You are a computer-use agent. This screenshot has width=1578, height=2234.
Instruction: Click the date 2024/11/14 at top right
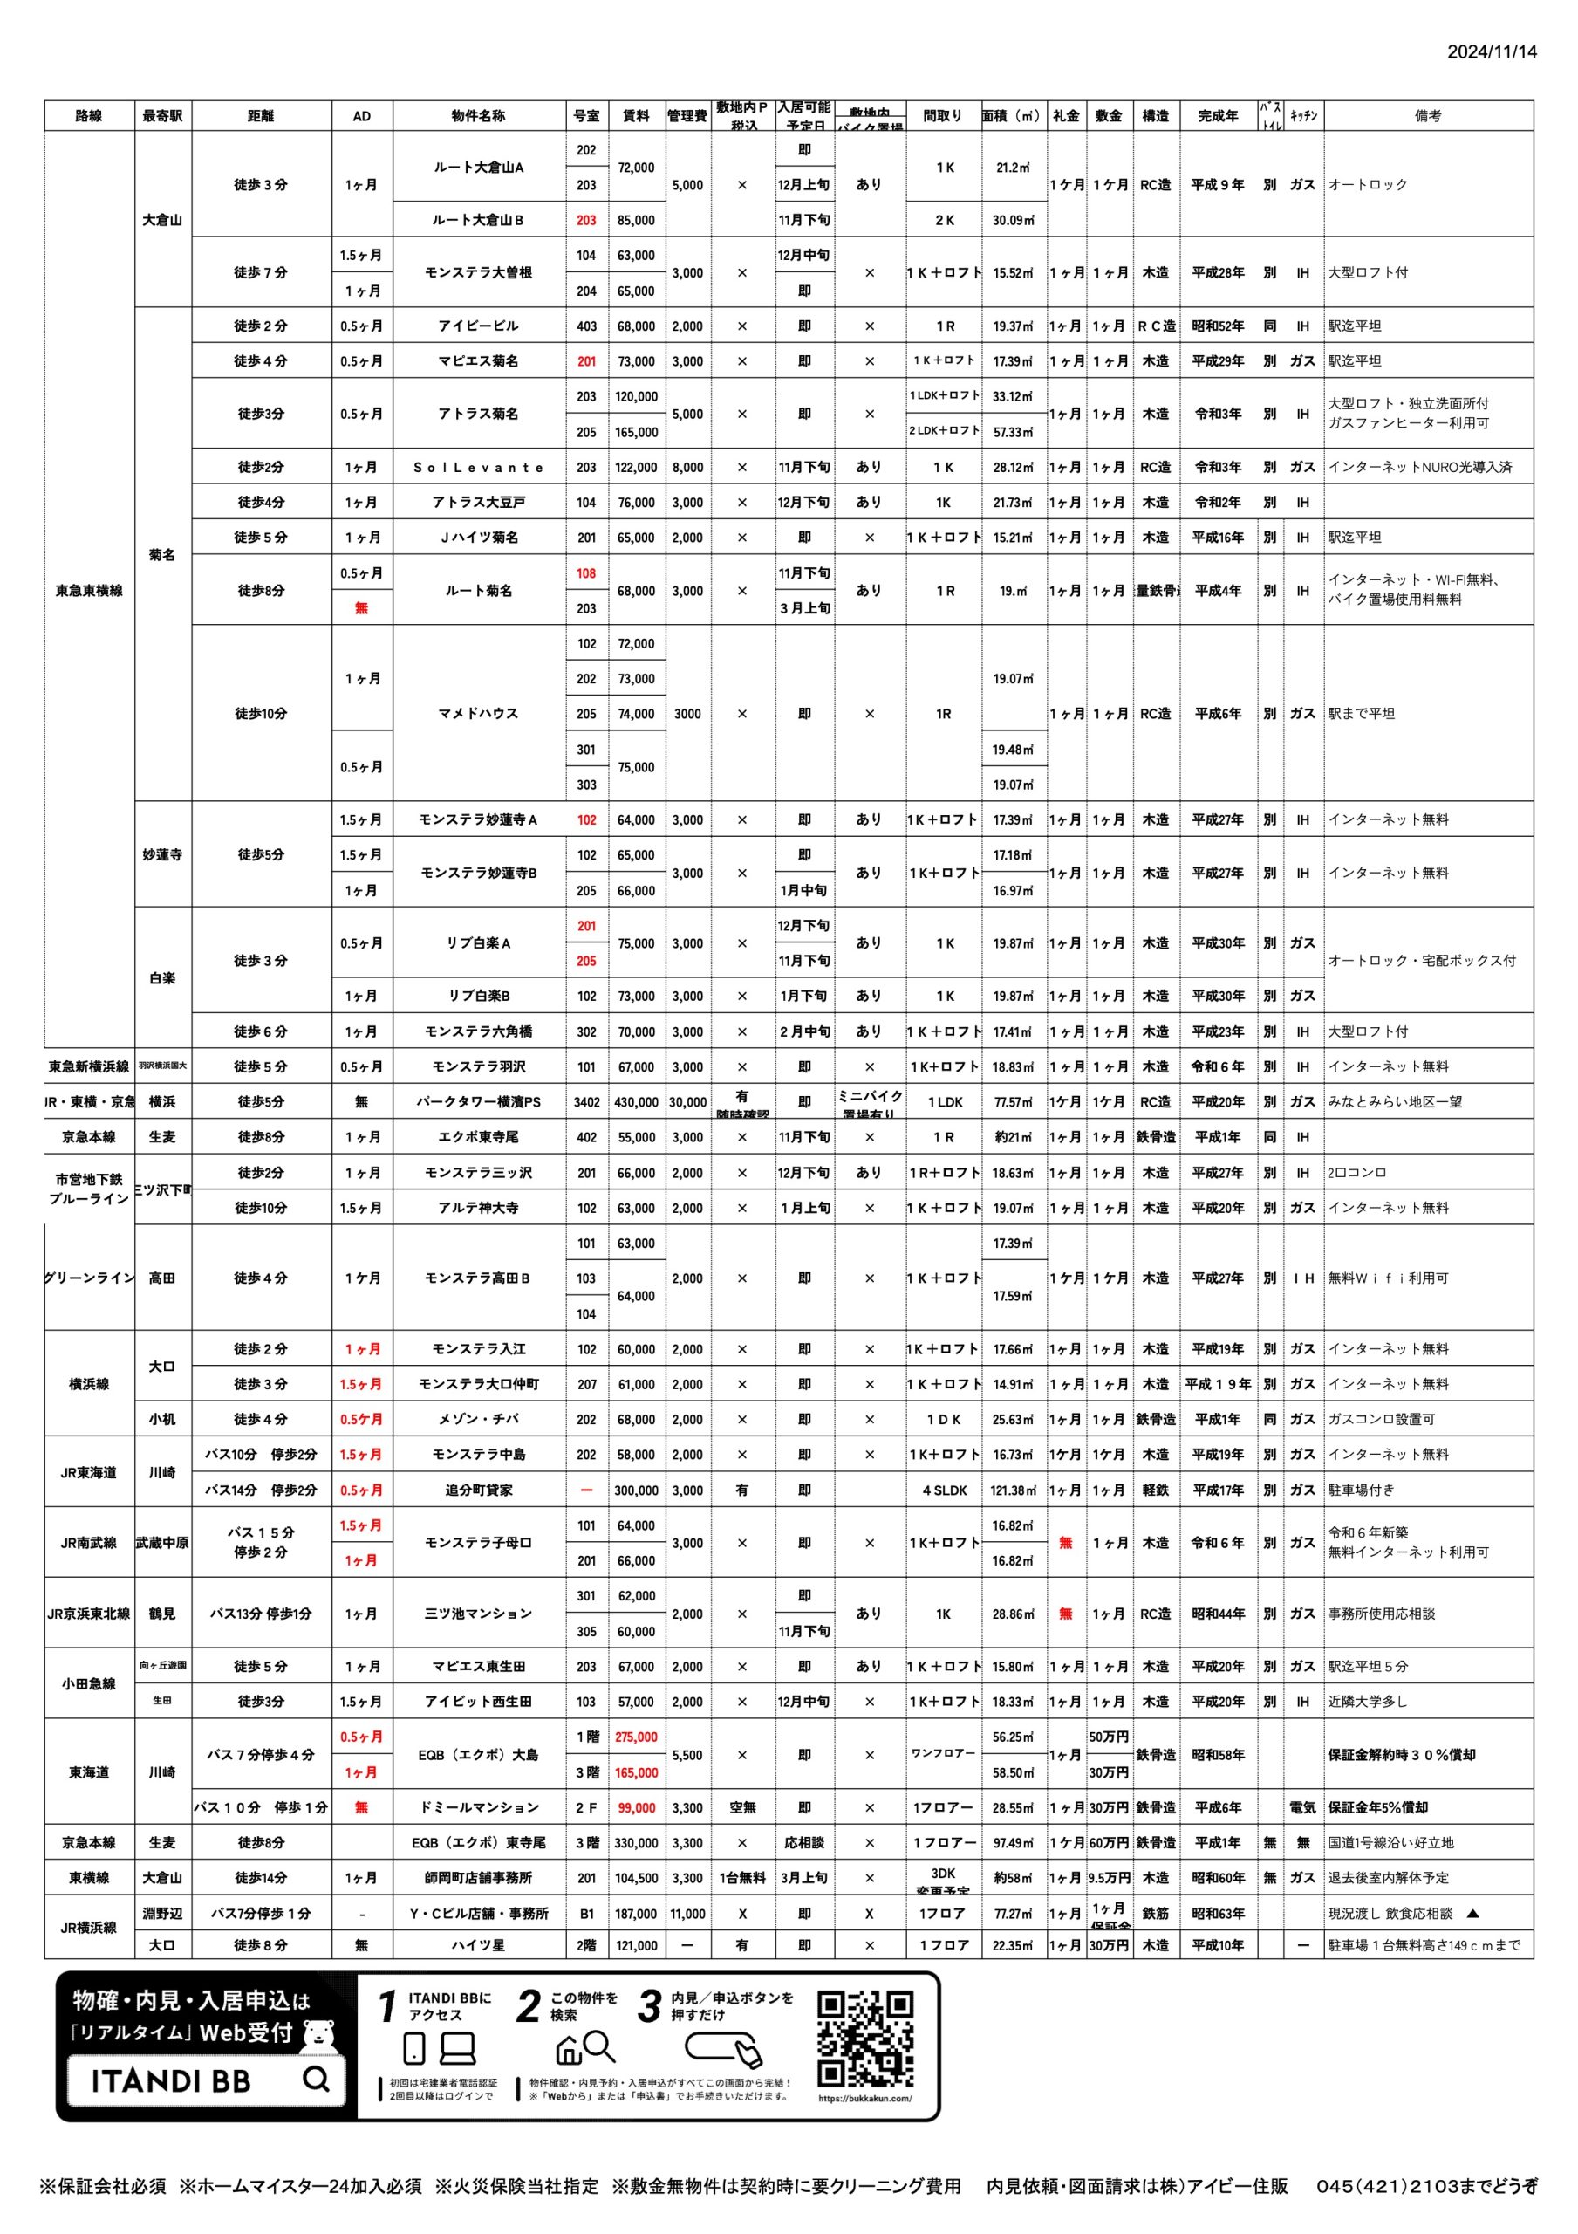click(x=1491, y=51)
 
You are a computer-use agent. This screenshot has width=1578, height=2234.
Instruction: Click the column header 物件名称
click(x=478, y=116)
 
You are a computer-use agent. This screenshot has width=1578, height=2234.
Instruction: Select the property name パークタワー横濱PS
click(x=478, y=1101)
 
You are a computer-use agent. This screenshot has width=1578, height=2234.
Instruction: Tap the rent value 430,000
click(x=635, y=1101)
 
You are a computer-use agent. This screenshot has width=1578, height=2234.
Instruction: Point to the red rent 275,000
click(x=635, y=1737)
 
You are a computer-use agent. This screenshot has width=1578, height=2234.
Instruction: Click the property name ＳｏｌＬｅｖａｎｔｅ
click(x=478, y=467)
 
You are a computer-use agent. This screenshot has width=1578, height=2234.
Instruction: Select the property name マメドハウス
click(x=478, y=713)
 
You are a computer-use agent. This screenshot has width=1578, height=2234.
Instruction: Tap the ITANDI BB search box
click(x=205, y=2080)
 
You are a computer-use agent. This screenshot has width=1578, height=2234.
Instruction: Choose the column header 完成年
click(x=1217, y=116)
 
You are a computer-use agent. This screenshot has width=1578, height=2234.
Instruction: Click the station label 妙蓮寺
click(x=161, y=854)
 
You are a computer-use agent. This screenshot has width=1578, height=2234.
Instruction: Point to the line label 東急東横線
click(x=88, y=590)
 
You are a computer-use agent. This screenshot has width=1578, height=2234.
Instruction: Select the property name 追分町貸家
click(x=478, y=1490)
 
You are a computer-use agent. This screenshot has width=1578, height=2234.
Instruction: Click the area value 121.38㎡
click(x=1013, y=1490)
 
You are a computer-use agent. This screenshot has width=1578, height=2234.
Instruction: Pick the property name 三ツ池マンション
click(x=478, y=1614)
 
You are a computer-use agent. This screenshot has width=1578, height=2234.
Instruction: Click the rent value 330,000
click(x=635, y=1842)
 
